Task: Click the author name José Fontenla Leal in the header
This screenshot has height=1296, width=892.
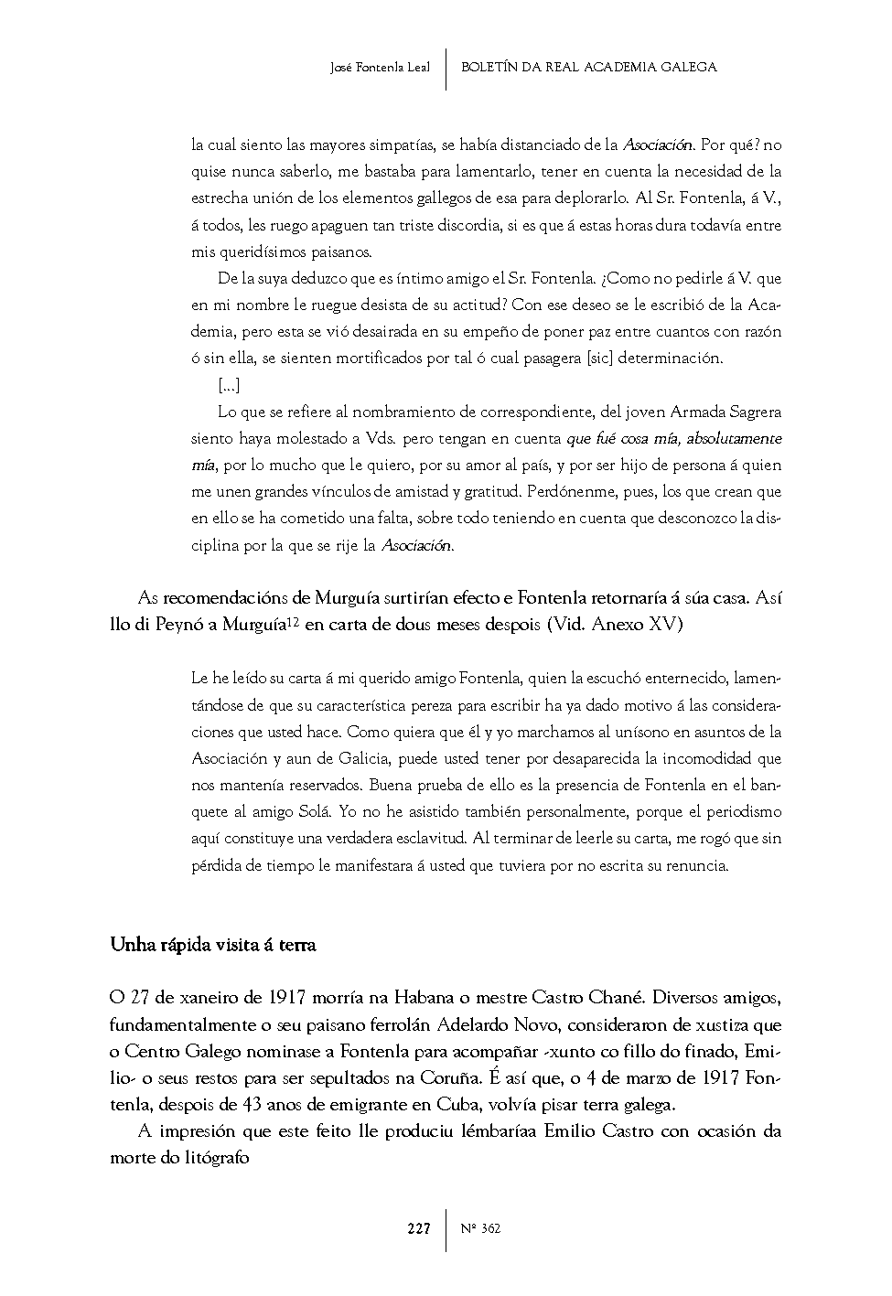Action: [x=380, y=68]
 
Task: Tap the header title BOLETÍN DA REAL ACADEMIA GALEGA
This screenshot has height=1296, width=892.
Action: [x=588, y=67]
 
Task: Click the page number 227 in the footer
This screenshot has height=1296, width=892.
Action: [x=419, y=1228]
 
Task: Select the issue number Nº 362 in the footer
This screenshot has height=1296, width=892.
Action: [x=481, y=1228]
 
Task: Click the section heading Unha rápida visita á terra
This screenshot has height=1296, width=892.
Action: [x=212, y=945]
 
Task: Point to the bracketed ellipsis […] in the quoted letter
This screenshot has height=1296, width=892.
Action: [x=229, y=385]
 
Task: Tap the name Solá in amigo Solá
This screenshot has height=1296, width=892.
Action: [x=316, y=811]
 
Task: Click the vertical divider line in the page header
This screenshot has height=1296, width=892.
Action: [x=446, y=69]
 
